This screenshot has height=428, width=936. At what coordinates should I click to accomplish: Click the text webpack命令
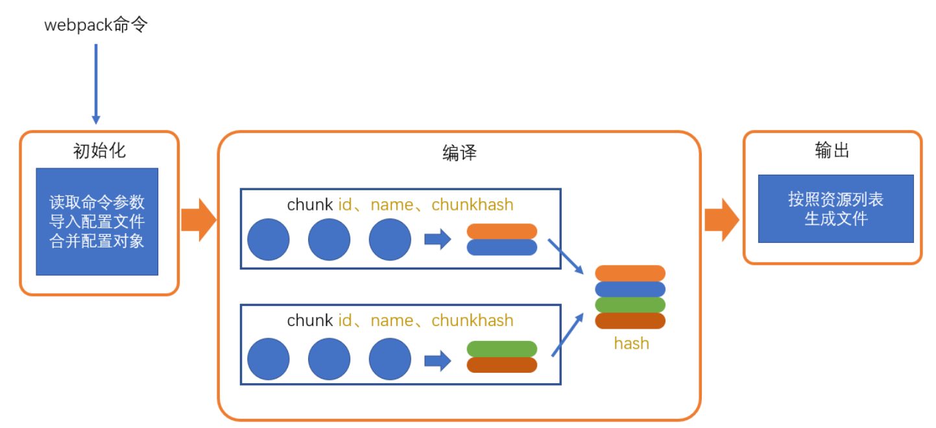[96, 26]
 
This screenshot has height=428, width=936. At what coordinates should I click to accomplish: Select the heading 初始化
[99, 151]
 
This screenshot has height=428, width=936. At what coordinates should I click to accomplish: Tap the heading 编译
[459, 153]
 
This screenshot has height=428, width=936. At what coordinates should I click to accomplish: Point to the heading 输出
[832, 151]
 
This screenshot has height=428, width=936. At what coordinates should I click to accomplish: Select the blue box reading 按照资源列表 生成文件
[835, 208]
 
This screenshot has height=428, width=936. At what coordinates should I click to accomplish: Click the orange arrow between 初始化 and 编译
[198, 220]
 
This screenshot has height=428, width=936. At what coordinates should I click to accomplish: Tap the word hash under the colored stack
[631, 344]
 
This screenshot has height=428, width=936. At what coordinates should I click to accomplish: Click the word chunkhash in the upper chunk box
[472, 205]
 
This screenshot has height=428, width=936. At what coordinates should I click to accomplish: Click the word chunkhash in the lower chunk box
[472, 321]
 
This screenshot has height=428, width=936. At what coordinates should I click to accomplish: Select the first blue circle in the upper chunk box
[269, 240]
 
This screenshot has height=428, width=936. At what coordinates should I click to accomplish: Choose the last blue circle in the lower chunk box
[390, 359]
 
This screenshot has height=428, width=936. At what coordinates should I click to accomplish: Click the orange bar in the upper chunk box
[502, 231]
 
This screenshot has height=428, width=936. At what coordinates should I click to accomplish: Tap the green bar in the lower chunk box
[502, 349]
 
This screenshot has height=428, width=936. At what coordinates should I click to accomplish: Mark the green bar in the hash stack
[630, 305]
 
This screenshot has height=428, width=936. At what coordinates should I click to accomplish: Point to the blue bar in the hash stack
[630, 290]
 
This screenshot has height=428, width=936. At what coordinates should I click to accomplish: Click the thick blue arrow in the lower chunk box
[437, 360]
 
